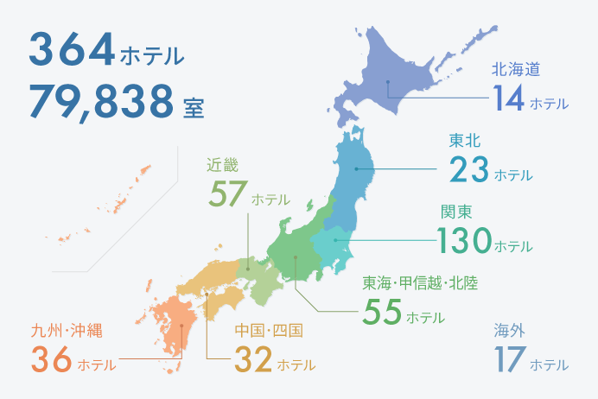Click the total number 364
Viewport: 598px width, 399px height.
(x=72, y=50)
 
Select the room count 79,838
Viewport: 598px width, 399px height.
(x=101, y=101)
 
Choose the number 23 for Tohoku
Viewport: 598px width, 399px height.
(x=469, y=170)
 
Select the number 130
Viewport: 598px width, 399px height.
(x=464, y=241)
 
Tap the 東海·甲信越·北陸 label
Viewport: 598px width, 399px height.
(x=420, y=282)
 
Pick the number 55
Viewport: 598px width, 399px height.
(x=382, y=312)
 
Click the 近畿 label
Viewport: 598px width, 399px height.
(x=222, y=163)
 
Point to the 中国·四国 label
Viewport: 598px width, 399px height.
(x=269, y=331)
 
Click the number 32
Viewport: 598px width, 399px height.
(x=253, y=360)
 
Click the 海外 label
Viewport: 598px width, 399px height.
(x=510, y=331)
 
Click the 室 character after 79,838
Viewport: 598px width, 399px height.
(x=194, y=107)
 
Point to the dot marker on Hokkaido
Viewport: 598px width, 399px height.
(x=389, y=83)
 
